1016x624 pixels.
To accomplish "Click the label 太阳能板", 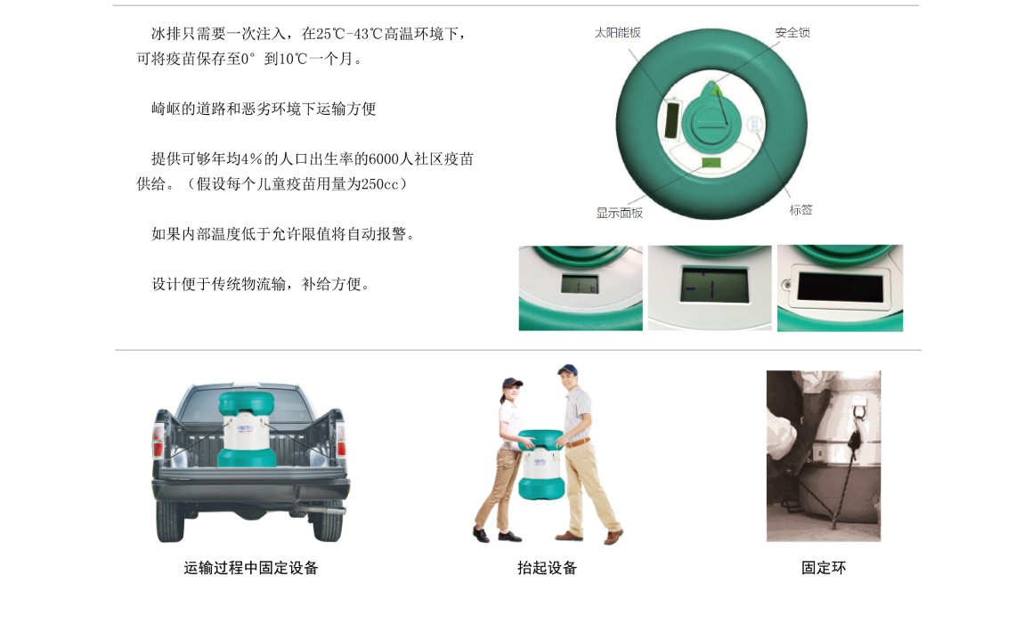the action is pyautogui.click(x=617, y=33).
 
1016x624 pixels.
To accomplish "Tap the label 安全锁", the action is pyautogui.click(x=792, y=33).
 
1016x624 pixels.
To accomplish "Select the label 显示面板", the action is pyautogui.click(x=620, y=213).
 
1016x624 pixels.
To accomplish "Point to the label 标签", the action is pyautogui.click(x=801, y=210).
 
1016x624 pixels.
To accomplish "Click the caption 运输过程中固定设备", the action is pyautogui.click(x=251, y=568).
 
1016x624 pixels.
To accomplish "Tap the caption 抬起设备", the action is pyautogui.click(x=548, y=568).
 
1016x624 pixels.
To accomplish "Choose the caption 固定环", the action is pyautogui.click(x=824, y=568).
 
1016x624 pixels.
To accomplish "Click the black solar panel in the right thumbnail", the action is pyautogui.click(x=841, y=287).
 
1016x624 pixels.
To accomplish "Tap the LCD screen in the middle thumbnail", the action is pyautogui.click(x=714, y=285).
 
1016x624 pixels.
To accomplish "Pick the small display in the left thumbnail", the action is pyautogui.click(x=580, y=284).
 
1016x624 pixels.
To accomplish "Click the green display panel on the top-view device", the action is pyautogui.click(x=711, y=163).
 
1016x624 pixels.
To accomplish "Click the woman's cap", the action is pyautogui.click(x=512, y=383).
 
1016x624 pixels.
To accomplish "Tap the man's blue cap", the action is pyautogui.click(x=567, y=369).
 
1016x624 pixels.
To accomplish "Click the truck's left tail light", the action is pyautogui.click(x=158, y=441).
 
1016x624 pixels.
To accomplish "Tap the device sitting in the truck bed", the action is pyautogui.click(x=247, y=428).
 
